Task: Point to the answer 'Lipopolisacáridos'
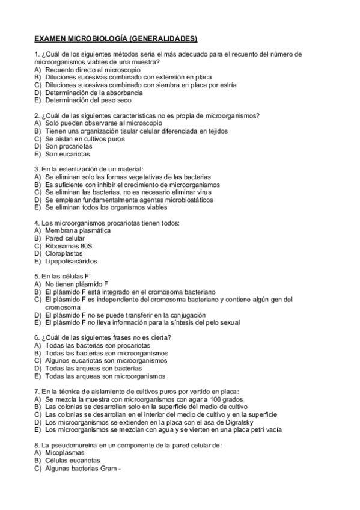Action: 71,262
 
